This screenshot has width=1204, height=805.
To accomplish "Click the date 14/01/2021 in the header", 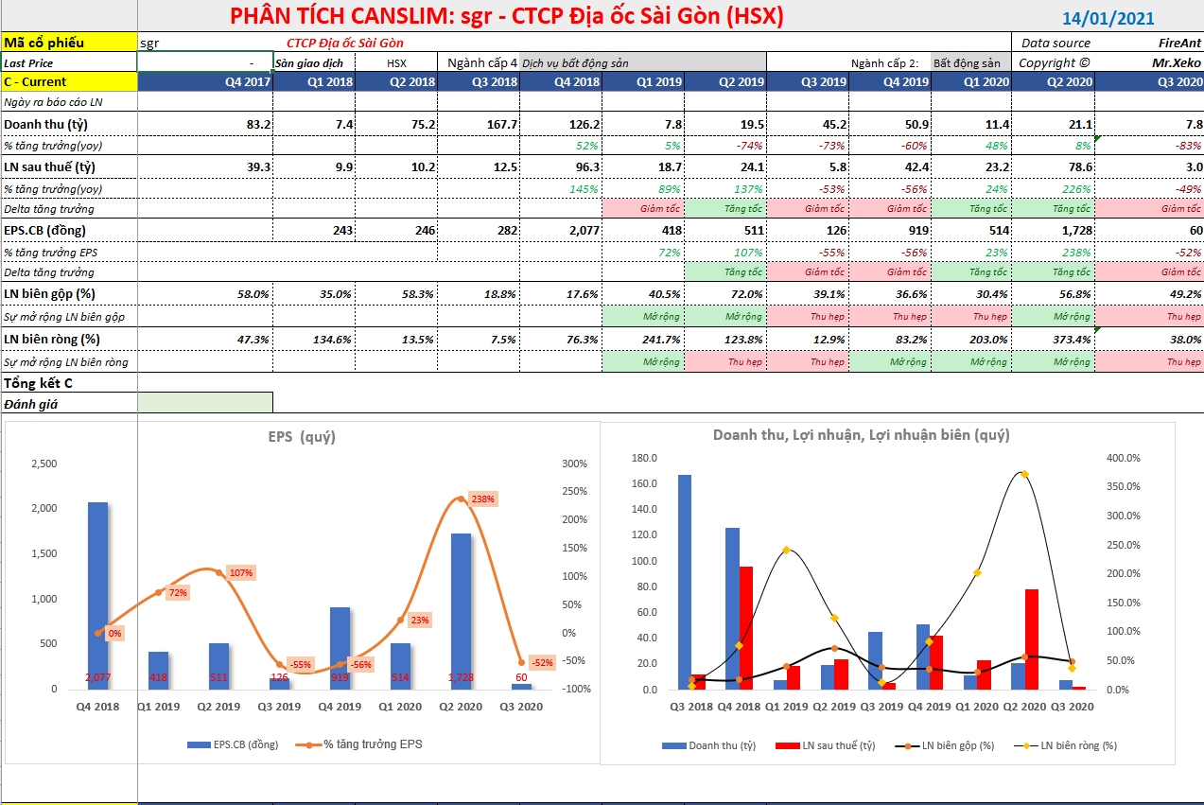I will coord(1108,18).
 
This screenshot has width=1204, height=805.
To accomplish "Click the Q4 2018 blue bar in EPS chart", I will coord(98,595).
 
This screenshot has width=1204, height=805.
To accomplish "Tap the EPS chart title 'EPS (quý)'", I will coord(301,436).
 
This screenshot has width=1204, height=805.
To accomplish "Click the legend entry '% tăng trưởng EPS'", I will coord(373,744).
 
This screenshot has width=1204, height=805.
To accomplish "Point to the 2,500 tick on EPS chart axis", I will coord(44,464).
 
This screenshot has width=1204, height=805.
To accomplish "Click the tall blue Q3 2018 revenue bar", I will coord(684,582).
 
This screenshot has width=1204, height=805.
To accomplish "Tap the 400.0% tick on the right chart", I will coord(1123,458).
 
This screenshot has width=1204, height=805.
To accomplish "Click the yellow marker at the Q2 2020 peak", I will coord(1024,475).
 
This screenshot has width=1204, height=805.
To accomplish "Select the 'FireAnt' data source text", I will coord(1179,43).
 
